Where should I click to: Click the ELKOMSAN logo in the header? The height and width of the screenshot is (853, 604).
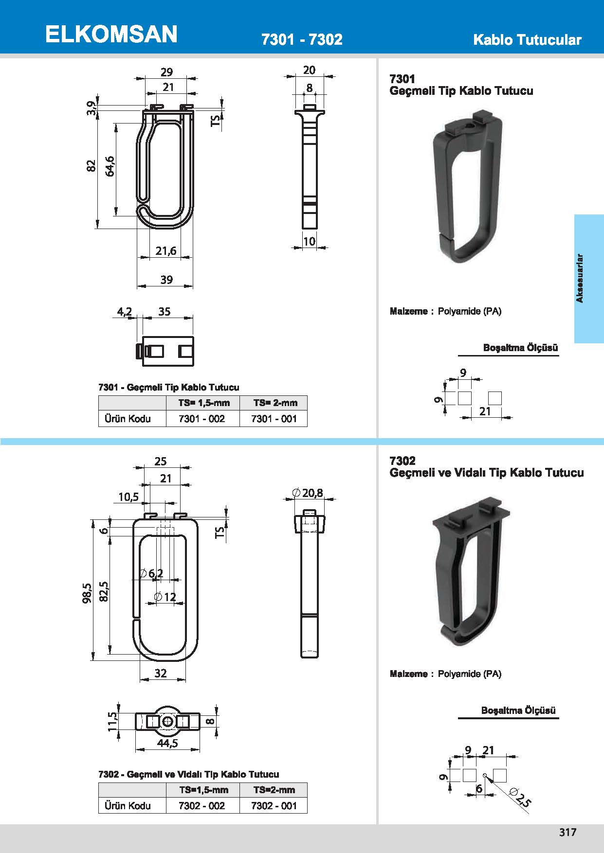click(x=111, y=35)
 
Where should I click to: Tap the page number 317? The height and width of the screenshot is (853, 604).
click(x=567, y=832)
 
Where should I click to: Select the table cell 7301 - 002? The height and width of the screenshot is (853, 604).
click(x=202, y=419)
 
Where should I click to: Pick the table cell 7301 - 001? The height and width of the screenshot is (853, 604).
click(x=274, y=419)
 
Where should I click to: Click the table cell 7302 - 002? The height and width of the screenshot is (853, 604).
click(x=202, y=806)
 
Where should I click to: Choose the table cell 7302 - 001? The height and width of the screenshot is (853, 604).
click(x=274, y=806)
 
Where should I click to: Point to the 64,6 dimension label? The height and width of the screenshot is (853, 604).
click(x=110, y=166)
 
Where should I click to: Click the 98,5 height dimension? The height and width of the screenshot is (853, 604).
click(x=88, y=594)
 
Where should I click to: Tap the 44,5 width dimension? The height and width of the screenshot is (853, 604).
click(x=167, y=744)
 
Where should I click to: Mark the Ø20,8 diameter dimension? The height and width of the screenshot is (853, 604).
click(x=308, y=493)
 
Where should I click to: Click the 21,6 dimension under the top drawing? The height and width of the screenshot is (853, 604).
click(x=166, y=251)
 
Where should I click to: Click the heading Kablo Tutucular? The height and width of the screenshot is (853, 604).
click(x=527, y=40)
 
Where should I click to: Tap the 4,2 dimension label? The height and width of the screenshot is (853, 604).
click(x=125, y=312)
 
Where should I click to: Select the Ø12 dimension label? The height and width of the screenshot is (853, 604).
click(x=165, y=597)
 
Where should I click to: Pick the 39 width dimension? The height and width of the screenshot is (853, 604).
click(x=166, y=280)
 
